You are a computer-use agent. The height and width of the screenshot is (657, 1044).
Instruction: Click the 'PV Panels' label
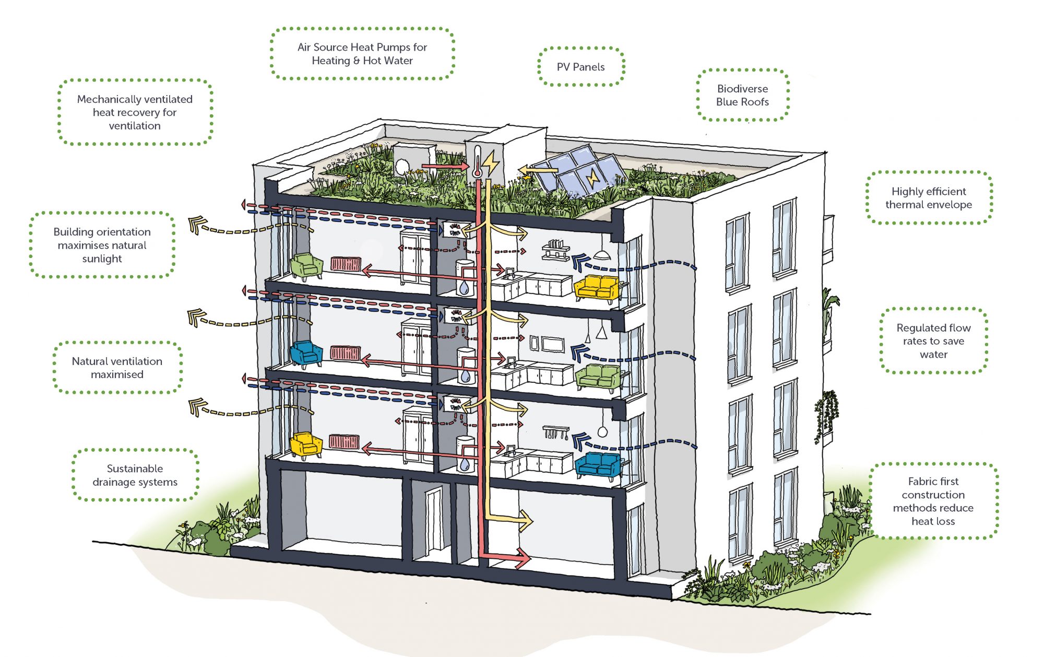click(580, 67)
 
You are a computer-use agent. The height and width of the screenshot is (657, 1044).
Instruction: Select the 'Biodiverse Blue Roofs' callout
click(742, 95)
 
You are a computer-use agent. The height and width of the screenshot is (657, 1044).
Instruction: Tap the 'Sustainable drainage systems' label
click(135, 475)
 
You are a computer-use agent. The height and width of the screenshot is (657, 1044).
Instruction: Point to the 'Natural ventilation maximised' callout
click(117, 368)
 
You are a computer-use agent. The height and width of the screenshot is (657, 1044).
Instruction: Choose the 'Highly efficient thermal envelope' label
click(929, 198)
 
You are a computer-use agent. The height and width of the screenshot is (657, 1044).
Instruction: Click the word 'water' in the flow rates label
click(933, 355)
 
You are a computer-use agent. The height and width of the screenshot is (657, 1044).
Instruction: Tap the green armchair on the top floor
click(306, 265)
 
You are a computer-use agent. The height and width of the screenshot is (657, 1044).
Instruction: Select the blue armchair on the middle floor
click(306, 353)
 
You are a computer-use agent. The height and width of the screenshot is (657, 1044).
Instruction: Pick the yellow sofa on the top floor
click(596, 287)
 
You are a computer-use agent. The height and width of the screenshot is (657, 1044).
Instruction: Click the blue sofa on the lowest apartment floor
click(598, 464)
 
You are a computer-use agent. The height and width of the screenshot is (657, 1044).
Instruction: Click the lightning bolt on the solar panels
click(592, 178)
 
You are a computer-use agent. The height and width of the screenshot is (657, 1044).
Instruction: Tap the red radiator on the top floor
click(346, 264)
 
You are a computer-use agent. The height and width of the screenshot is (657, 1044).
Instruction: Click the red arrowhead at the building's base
click(523, 558)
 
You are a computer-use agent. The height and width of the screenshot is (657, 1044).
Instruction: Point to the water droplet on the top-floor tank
click(464, 288)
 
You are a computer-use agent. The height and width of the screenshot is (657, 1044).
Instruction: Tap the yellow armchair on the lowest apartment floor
click(306, 444)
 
